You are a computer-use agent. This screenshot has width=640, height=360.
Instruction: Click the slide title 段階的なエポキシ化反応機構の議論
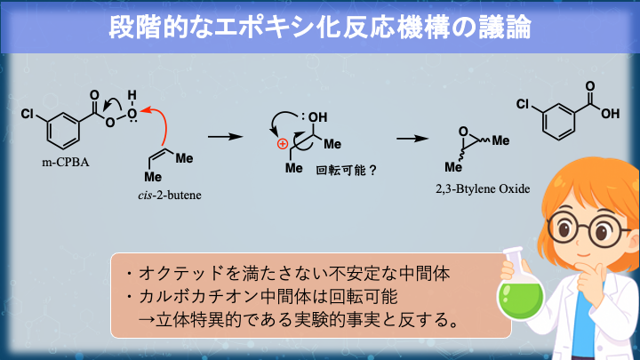click(x=319, y=27)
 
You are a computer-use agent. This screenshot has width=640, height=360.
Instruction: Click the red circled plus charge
click(x=282, y=143)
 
